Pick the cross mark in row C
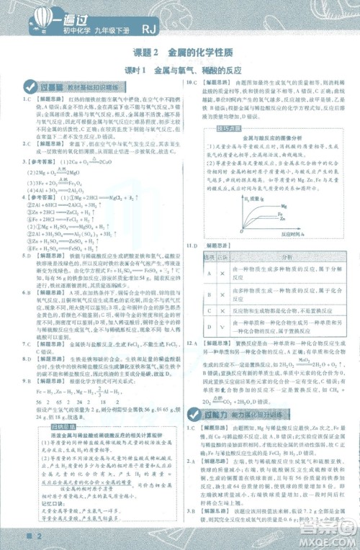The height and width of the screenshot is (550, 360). coord(222,312)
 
